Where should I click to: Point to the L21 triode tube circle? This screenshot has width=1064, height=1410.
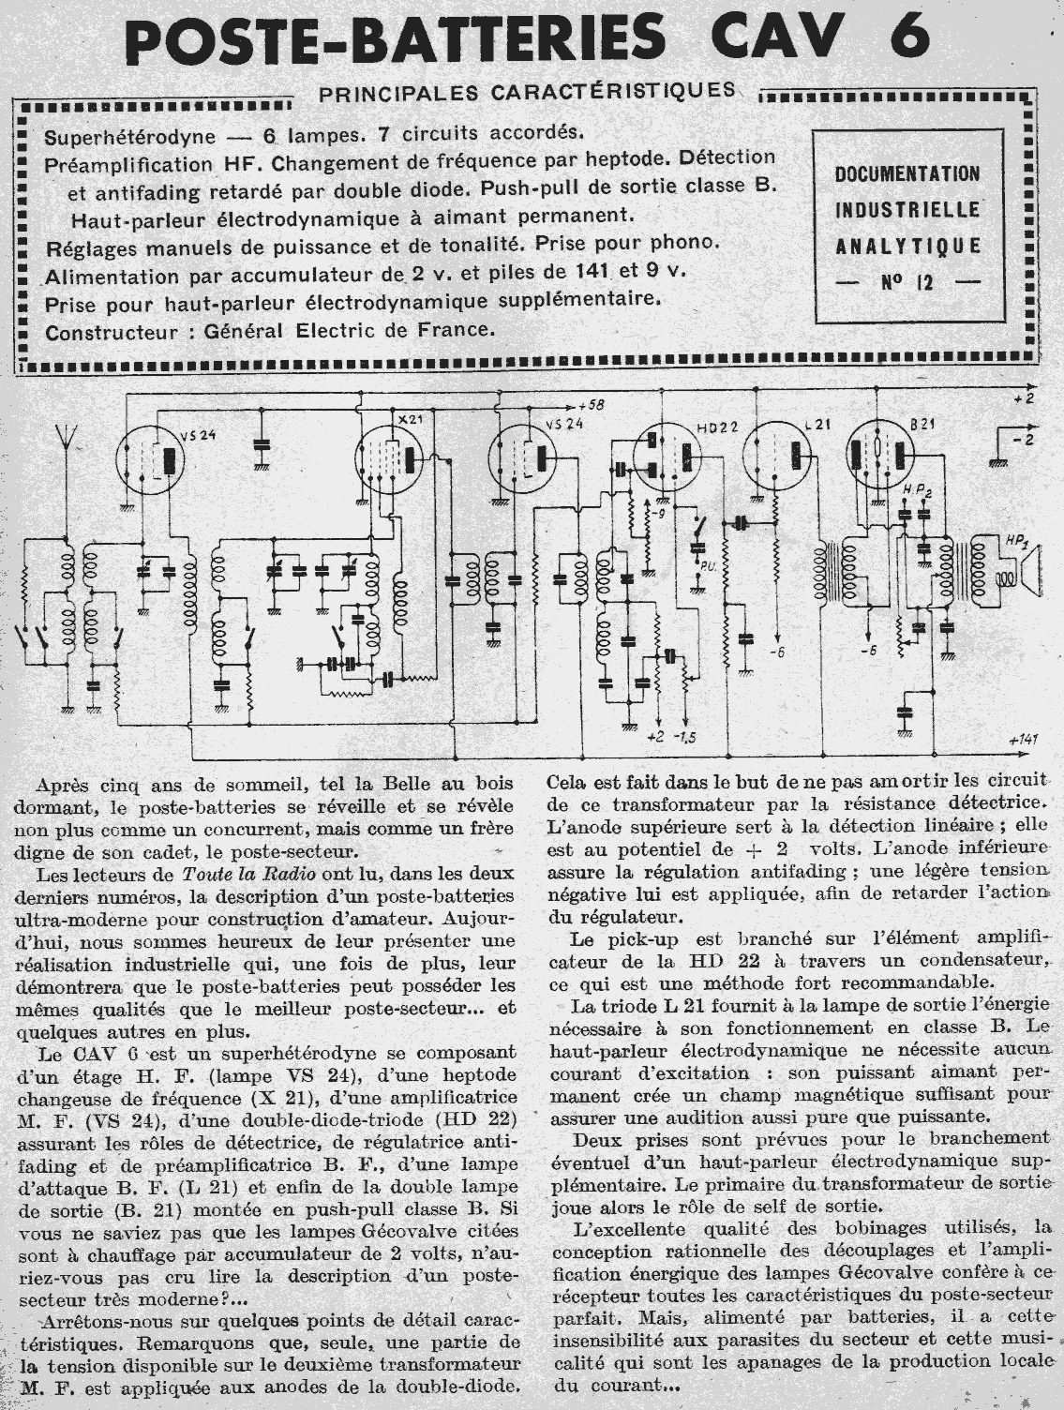[x=775, y=457]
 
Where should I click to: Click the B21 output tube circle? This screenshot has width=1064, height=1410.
[x=882, y=456]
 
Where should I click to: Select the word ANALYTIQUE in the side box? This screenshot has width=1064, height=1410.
[x=907, y=246]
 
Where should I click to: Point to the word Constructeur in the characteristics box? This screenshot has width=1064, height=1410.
[x=100, y=330]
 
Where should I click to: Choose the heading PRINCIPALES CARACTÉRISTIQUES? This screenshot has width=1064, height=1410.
[x=527, y=91]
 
